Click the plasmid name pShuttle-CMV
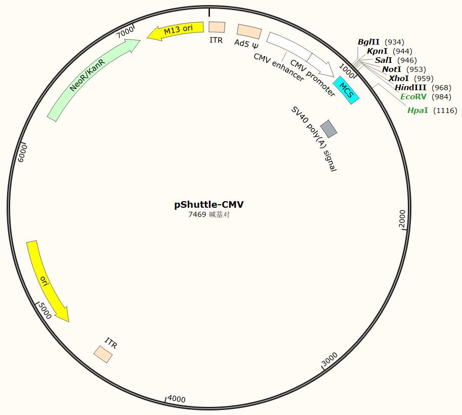(x=209, y=205)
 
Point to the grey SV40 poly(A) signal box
(x=328, y=129)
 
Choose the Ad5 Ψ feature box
(x=249, y=32)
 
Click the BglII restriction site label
(x=368, y=42)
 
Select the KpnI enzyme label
(x=377, y=51)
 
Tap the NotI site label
(x=392, y=69)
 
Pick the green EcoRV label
(x=413, y=97)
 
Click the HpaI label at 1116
(x=418, y=110)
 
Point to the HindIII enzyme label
(x=410, y=88)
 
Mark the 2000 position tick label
(x=402, y=219)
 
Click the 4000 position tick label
(x=177, y=399)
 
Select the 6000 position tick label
(x=22, y=153)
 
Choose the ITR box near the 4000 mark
(x=103, y=354)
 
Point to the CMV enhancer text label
(x=278, y=67)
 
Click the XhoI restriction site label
(x=399, y=79)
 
